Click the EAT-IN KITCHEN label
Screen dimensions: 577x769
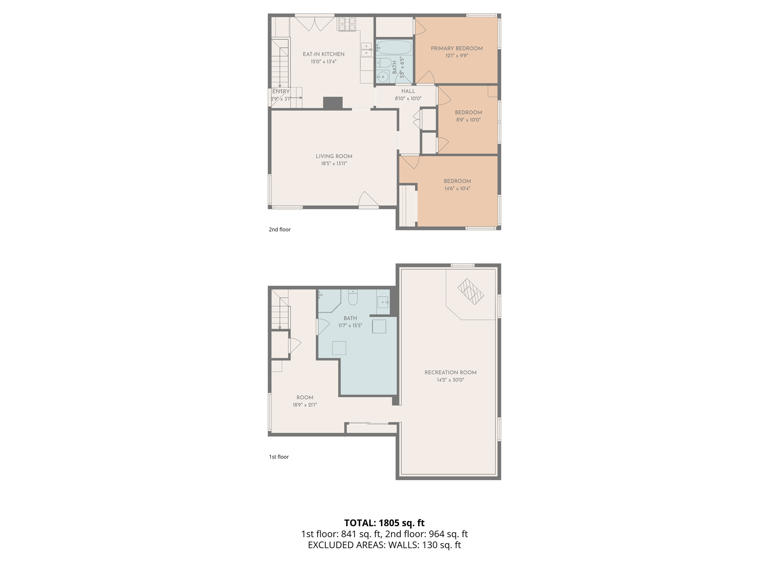tap(323, 54)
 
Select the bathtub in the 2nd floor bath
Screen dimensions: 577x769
tap(394, 48)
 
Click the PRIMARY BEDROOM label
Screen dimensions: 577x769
tap(457, 48)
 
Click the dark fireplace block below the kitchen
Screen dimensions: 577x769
tap(333, 103)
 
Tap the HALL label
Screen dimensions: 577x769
tap(408, 91)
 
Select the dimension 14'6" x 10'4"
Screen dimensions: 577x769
tap(457, 189)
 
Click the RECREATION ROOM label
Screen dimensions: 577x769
tap(450, 373)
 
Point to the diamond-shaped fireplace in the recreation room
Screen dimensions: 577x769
tap(470, 291)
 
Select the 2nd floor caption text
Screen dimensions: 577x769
tap(279, 230)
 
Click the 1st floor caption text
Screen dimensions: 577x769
tap(279, 457)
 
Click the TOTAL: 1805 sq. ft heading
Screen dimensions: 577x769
tap(384, 523)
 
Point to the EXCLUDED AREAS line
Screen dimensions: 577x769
tap(384, 545)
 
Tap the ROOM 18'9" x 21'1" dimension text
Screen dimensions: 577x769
tap(305, 405)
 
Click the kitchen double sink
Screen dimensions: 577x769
tap(366, 50)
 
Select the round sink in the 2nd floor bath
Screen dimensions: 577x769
tap(382, 77)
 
